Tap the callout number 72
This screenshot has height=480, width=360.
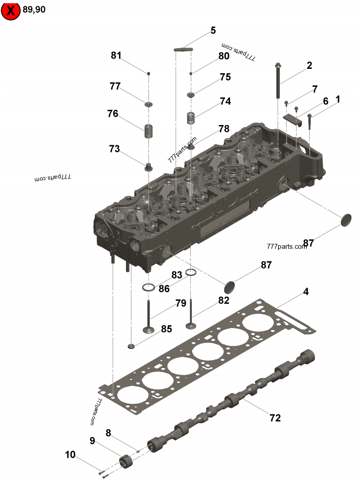[275, 418]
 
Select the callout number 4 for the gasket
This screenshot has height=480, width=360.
[306, 292]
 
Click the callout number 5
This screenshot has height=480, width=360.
[213, 31]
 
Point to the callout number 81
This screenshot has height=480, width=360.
[116, 56]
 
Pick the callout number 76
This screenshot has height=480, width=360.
[112, 114]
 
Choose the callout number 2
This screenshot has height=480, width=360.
[309, 66]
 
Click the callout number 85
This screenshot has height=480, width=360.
[166, 329]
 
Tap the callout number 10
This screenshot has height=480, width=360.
[70, 455]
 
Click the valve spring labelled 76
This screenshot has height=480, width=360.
[148, 131]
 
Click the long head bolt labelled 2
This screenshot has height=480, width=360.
[279, 81]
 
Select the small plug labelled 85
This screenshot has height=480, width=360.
[131, 346]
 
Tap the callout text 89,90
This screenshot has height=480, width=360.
[34, 9]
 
